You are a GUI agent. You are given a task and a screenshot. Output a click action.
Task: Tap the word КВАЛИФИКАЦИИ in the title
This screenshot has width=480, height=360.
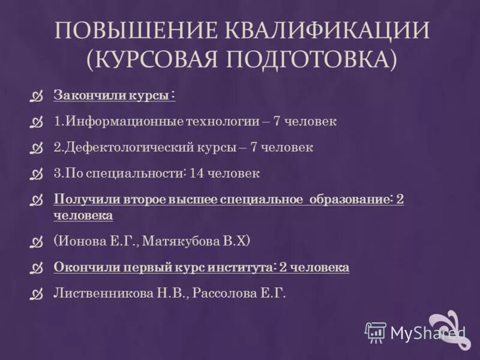[328, 31]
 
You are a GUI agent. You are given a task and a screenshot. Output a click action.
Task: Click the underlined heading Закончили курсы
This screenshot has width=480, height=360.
[114, 95]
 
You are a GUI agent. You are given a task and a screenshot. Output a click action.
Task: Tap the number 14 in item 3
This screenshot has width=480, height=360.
[196, 173]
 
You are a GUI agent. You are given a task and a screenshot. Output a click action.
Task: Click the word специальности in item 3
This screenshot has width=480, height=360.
[145, 173]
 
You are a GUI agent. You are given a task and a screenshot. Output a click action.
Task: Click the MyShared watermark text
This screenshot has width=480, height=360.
[428, 332]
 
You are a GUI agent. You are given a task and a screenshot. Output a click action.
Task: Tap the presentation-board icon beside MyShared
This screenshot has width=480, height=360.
[376, 332]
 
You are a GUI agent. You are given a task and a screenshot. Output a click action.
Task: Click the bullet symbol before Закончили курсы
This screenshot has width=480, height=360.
[38, 96]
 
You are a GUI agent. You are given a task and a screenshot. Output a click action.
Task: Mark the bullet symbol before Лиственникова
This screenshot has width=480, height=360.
[38, 294]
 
